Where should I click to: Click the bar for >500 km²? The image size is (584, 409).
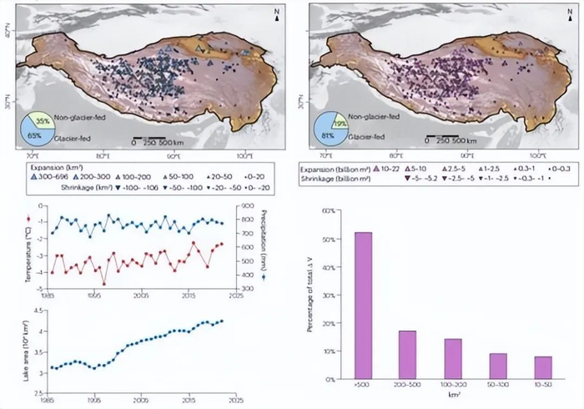tap(364, 305)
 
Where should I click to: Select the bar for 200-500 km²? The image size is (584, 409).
tap(407, 355)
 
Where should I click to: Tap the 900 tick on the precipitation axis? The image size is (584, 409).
tap(249, 206)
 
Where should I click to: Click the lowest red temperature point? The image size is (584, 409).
tap(104, 284)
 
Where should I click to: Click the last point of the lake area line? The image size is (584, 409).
tap(223, 321)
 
